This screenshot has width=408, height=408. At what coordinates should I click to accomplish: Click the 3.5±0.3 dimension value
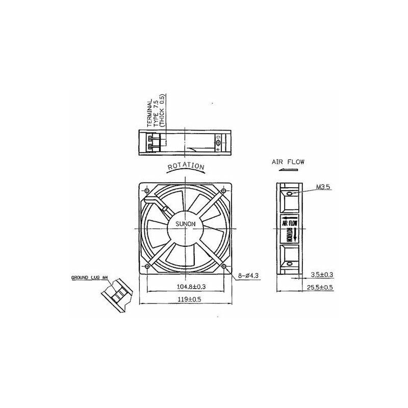321,275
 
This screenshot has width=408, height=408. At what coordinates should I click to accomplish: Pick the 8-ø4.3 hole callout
249,276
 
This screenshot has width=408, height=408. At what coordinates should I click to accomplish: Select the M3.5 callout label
323,187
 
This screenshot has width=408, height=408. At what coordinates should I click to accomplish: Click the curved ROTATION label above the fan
186,167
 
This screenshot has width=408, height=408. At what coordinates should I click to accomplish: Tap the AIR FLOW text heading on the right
288,162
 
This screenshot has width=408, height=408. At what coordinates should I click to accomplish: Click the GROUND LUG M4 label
90,278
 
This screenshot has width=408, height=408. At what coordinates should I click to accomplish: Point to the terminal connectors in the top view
152,142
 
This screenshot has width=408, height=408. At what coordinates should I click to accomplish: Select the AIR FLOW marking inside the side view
289,222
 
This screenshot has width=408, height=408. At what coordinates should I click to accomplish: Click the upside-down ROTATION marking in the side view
289,236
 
